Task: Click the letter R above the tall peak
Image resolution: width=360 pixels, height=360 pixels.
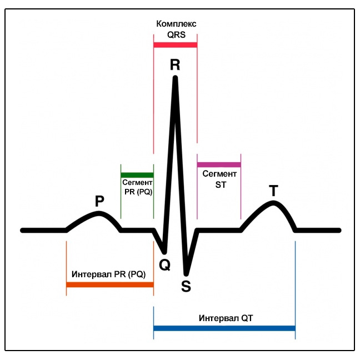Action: coord(175,65)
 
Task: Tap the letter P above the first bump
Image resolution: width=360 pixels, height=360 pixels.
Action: coord(99,201)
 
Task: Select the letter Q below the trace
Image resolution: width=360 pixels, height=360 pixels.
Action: coord(164,265)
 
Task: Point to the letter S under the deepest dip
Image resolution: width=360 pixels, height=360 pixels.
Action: coord(186,286)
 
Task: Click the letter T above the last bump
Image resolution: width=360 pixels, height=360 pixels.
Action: coord(273,191)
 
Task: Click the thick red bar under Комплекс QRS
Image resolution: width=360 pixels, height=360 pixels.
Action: coord(176,45)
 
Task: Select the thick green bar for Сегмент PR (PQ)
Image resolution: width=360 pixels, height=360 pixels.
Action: coord(137,175)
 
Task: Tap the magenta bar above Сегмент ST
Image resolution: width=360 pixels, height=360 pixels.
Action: coord(219,164)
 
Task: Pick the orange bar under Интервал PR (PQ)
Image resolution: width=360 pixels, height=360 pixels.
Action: coord(110,284)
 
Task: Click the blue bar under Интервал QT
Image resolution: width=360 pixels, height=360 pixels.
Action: coord(224,328)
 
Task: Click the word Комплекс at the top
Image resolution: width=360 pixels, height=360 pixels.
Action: coord(176,24)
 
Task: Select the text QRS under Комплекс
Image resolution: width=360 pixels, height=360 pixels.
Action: coord(176,34)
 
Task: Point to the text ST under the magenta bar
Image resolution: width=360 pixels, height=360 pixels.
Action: coord(221,184)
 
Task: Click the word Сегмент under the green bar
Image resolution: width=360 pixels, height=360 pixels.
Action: coord(137,183)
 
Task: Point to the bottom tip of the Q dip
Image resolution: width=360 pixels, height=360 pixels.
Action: coord(164,253)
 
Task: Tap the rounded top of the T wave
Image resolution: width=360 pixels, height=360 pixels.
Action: coord(273,203)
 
